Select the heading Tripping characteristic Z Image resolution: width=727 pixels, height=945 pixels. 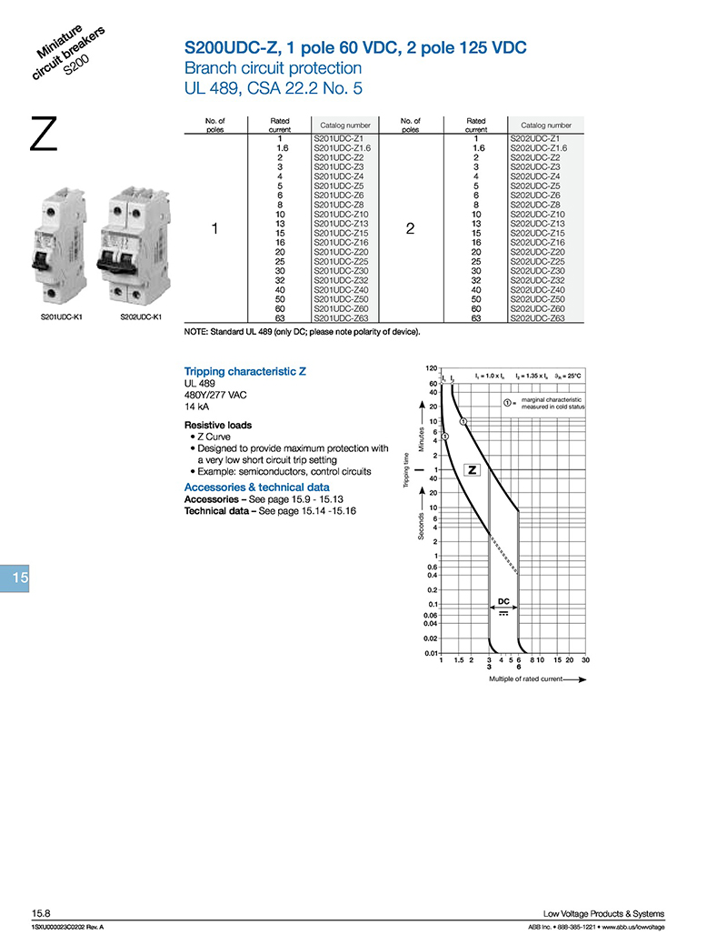[241, 372]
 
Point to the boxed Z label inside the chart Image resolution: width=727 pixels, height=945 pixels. [473, 469]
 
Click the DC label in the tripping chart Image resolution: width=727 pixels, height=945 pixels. [503, 601]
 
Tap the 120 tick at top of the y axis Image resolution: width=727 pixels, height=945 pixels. [432, 368]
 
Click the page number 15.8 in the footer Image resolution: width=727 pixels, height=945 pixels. [41, 914]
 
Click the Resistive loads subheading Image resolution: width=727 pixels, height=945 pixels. [218, 425]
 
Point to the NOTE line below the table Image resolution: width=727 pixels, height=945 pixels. [303, 332]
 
